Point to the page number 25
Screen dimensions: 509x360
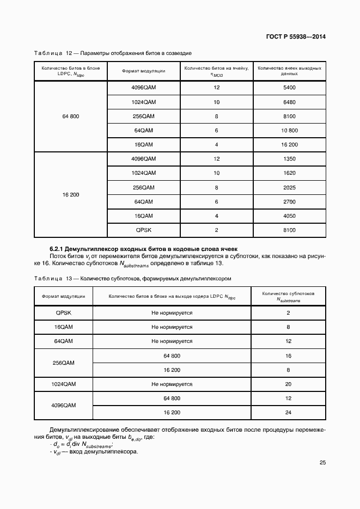[x=322, y=463]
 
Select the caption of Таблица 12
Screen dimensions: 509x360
[x=113, y=53]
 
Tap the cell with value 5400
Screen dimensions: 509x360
[x=289, y=88]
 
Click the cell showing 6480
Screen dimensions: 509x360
[x=289, y=102]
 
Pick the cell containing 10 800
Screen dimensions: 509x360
[x=289, y=131]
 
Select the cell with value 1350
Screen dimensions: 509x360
[x=289, y=159]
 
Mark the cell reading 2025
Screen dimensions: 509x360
[x=289, y=187]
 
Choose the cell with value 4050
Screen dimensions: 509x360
[x=289, y=216]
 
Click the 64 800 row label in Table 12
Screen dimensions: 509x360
[x=71, y=116]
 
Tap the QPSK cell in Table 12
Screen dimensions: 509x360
[x=144, y=230]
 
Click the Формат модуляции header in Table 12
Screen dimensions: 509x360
[x=144, y=71]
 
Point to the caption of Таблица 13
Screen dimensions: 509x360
[x=133, y=278]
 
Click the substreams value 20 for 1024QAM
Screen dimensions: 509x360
[x=288, y=384]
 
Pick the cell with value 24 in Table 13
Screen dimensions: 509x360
[x=288, y=413]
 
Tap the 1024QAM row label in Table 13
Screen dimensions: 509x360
[x=63, y=384]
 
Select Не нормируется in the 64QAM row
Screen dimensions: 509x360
[x=172, y=341]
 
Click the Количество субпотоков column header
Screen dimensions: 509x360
[x=288, y=296]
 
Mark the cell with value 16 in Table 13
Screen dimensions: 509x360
[x=288, y=355]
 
